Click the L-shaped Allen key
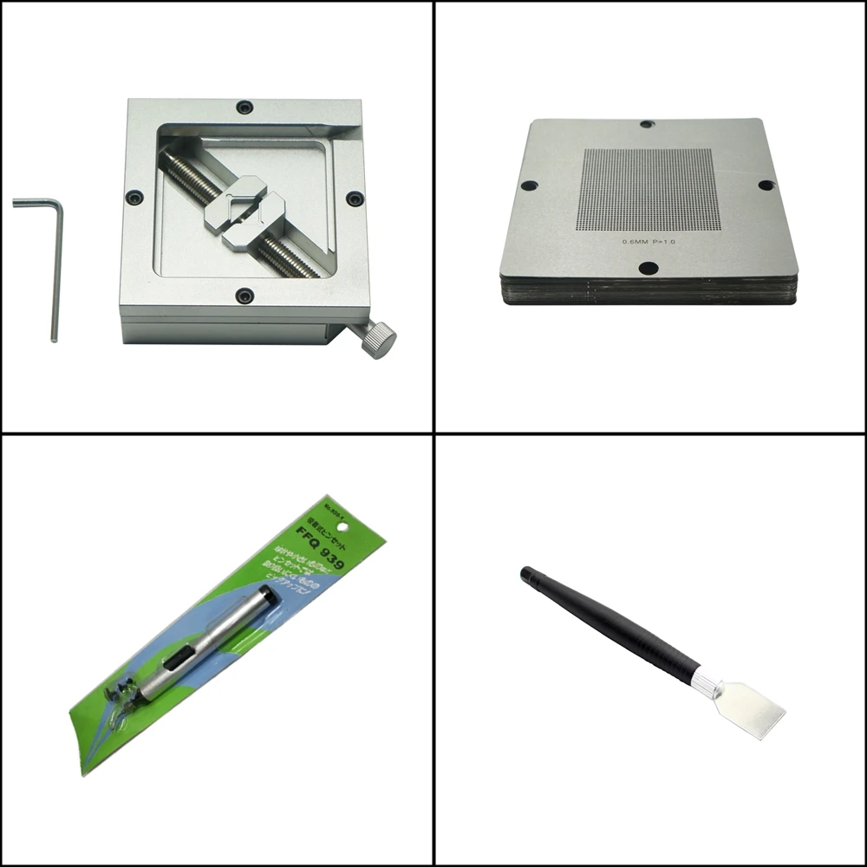[54, 260]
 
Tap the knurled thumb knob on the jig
[379, 339]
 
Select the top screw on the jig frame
[245, 107]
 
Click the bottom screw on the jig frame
[245, 296]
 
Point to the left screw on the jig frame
[135, 198]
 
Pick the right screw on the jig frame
[354, 199]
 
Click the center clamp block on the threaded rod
[244, 212]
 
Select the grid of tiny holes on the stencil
[648, 188]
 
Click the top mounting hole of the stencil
[647, 125]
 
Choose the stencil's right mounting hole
[766, 185]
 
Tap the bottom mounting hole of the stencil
[649, 268]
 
